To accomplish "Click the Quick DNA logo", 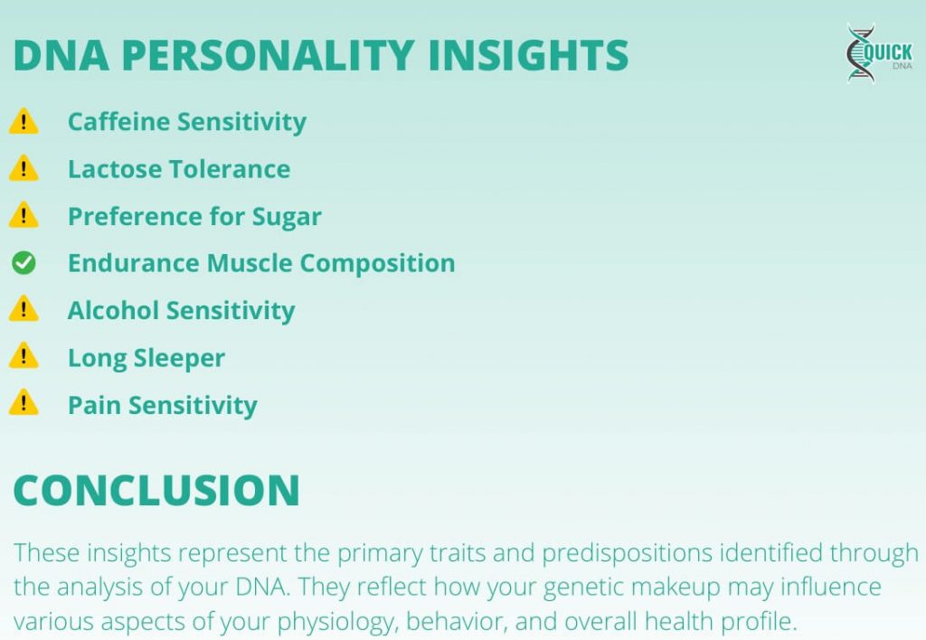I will [878, 53].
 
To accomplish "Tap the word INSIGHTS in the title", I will [528, 55].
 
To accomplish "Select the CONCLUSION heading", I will [156, 490].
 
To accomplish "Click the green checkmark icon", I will [24, 263].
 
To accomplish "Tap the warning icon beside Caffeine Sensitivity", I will [24, 121].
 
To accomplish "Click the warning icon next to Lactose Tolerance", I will [24, 168].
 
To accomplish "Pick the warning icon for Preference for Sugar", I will [24, 216].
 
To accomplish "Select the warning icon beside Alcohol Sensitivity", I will [24, 310].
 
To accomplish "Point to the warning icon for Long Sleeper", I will [24, 357].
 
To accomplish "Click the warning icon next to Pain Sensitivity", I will [24, 404].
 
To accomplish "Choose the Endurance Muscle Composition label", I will [261, 263].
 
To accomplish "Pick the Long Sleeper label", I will [146, 358].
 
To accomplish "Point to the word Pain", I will [95, 405].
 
